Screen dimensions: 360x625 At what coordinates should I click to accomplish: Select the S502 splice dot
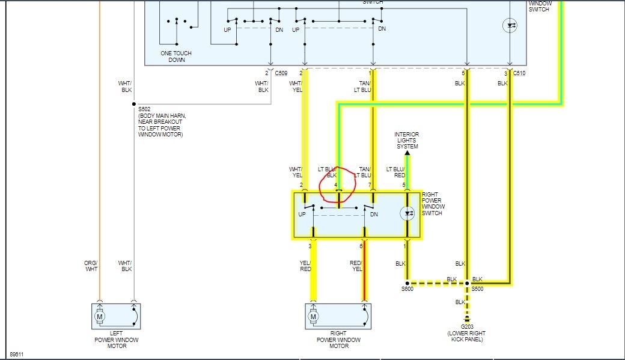pos(134,103)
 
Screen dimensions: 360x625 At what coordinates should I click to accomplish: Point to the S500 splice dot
pos(467,282)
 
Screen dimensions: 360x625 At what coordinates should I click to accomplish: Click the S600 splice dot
pos(407,282)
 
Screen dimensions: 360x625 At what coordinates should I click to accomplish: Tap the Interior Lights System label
pos(407,140)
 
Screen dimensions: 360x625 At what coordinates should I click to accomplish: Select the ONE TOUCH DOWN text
pos(176,56)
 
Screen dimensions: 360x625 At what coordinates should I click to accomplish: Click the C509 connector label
pos(281,73)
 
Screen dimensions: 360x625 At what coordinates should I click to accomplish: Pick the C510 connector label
pos(519,73)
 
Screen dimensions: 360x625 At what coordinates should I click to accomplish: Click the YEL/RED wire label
pos(305,266)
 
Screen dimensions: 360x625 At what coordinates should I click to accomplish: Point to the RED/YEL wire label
pos(356,266)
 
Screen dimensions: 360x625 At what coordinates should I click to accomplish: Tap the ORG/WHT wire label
pos(90,266)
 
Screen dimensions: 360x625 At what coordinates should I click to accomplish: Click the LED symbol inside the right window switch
pos(407,213)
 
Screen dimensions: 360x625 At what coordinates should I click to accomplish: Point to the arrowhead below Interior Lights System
pos(407,154)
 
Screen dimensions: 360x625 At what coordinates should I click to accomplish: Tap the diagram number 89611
pos(17,355)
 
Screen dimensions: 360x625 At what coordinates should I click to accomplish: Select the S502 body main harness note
pos(160,124)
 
